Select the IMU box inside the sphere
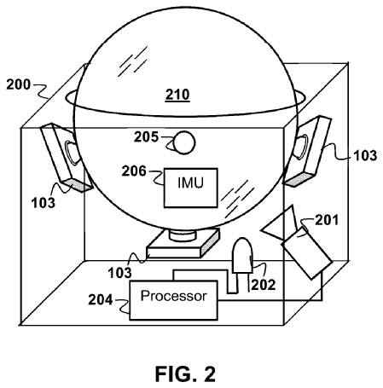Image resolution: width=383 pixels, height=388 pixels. (x=190, y=183)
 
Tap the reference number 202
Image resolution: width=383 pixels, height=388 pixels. (x=261, y=286)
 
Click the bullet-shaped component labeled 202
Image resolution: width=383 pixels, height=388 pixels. (x=241, y=257)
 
